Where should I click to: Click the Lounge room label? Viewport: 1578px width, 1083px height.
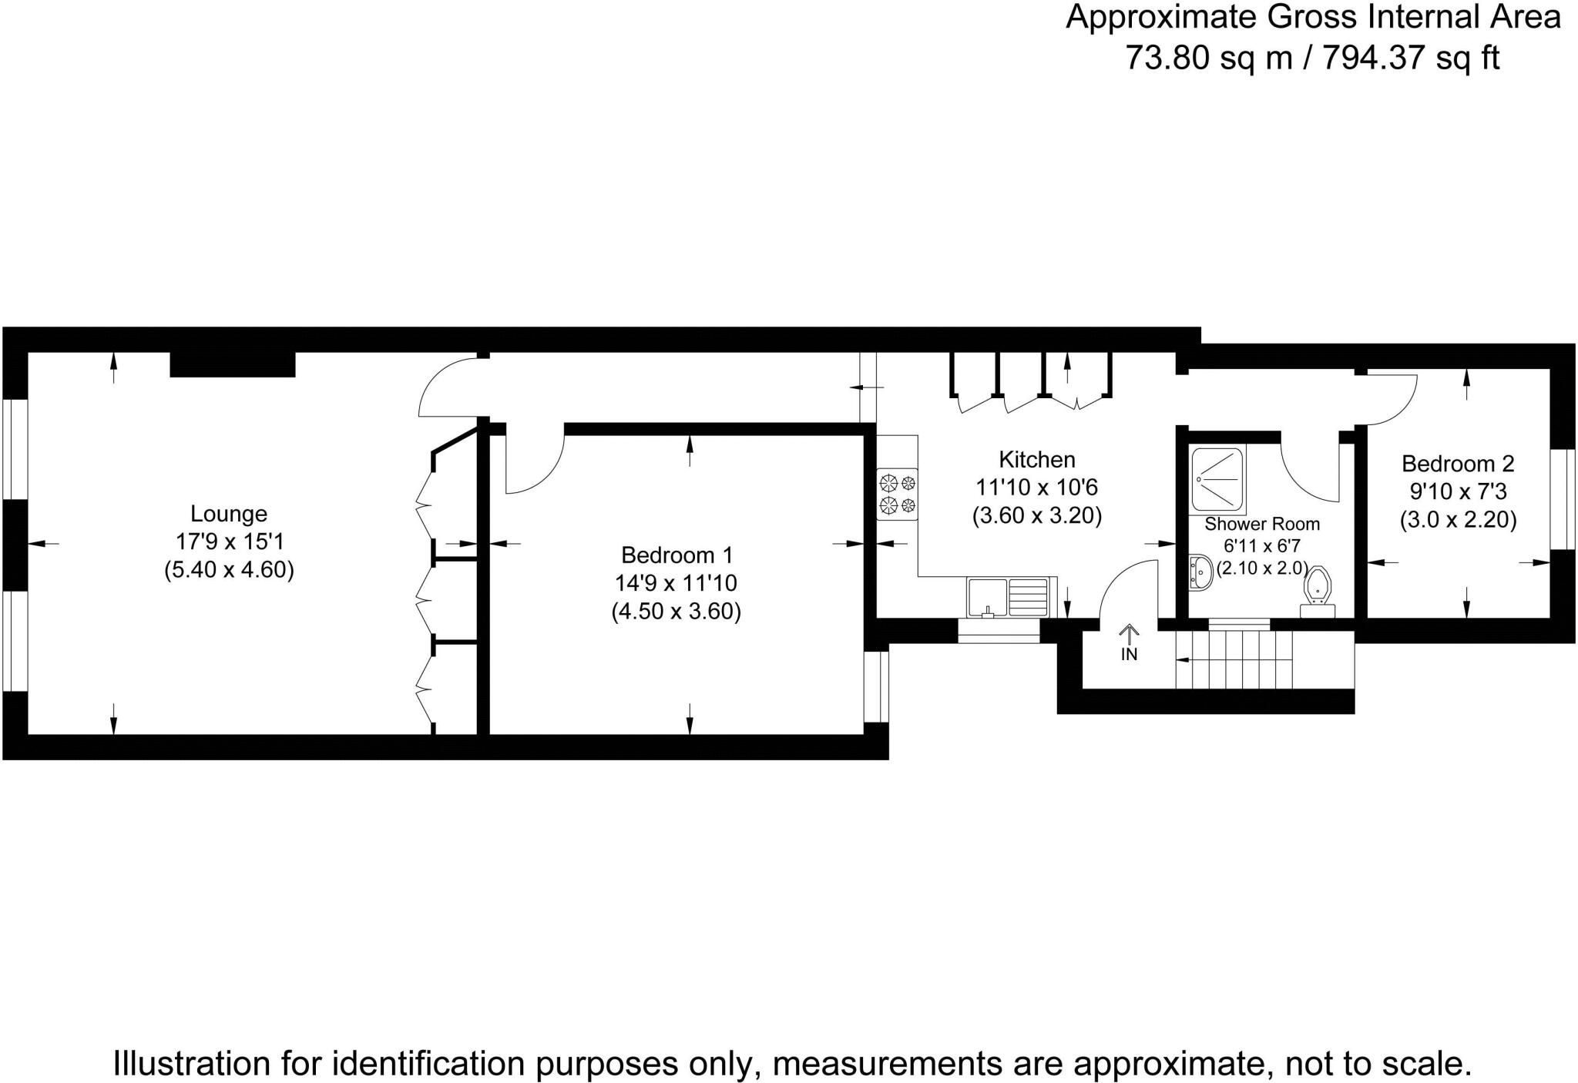(229, 514)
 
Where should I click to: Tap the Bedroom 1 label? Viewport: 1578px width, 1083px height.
(677, 555)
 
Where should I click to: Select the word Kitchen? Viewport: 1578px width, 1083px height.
(1036, 460)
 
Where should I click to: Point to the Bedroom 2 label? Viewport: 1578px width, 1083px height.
(1458, 464)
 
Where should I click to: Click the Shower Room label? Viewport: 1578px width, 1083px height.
(1262, 525)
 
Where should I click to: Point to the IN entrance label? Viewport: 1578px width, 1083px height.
(1129, 655)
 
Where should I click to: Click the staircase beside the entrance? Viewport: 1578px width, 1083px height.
(1264, 659)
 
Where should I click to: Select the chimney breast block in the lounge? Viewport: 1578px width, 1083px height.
(232, 364)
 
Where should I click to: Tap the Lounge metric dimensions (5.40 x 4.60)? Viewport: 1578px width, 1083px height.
(229, 571)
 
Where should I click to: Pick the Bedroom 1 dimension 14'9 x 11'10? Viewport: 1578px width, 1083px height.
(677, 583)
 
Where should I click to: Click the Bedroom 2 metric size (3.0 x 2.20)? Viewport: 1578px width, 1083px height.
(1458, 521)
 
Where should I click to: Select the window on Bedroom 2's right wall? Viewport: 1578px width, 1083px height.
(1563, 499)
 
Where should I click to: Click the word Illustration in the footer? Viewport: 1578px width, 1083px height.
(190, 1064)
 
